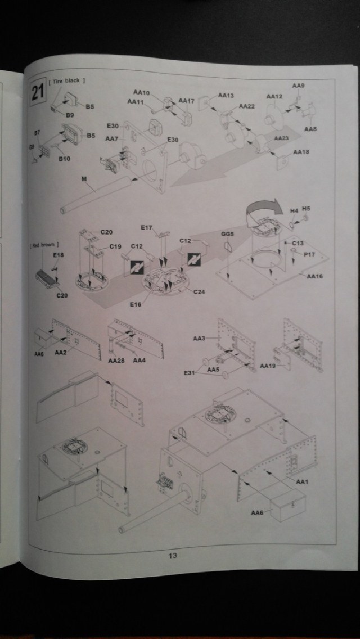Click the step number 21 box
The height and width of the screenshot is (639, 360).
[38, 92]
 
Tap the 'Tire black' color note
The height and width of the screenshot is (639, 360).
[67, 81]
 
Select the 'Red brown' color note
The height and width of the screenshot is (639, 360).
[44, 245]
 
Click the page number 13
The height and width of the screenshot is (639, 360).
[173, 556]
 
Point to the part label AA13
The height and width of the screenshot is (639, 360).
[225, 96]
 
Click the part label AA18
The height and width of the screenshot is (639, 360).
[301, 152]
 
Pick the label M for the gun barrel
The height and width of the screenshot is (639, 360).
[84, 179]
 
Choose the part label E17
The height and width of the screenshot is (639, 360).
[146, 227]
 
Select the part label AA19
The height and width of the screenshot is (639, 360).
[268, 366]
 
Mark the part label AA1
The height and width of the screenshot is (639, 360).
[303, 482]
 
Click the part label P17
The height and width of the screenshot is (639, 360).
[309, 255]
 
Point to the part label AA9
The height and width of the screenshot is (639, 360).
[298, 85]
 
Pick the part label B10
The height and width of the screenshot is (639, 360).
[64, 159]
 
